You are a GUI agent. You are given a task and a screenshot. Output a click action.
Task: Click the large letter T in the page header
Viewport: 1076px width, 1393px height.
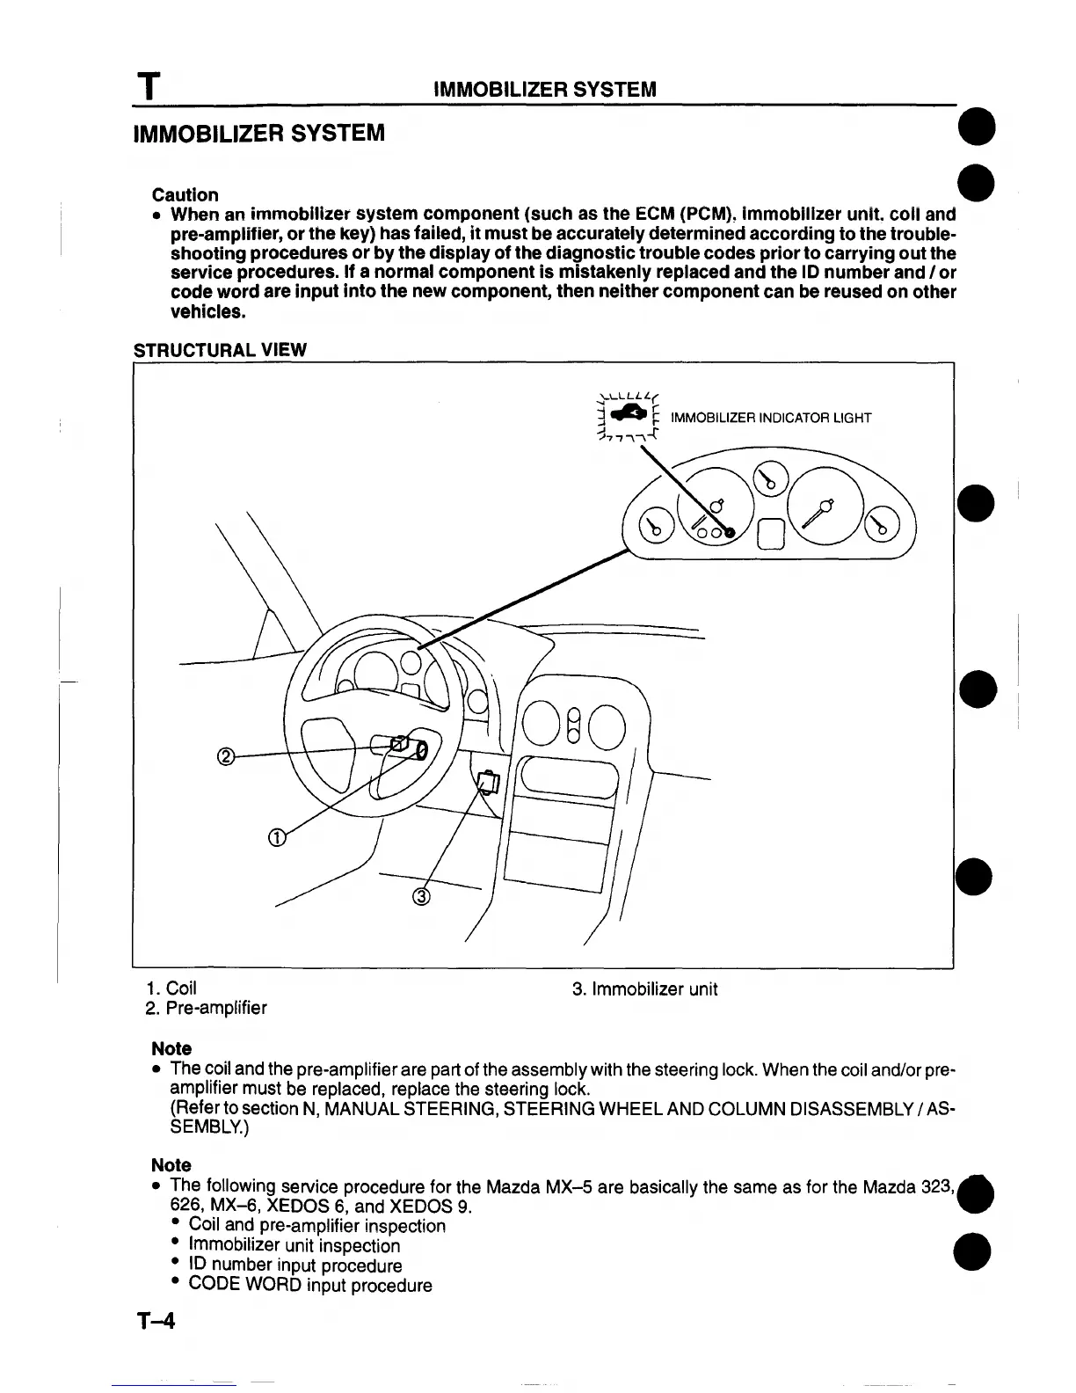[x=151, y=88]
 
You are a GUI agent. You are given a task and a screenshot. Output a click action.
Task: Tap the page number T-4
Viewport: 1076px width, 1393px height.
[x=156, y=1321]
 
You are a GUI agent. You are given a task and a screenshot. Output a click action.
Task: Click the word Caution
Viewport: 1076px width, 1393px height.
[x=185, y=194]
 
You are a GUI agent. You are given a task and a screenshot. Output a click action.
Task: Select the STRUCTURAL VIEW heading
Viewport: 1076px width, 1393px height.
[x=220, y=350]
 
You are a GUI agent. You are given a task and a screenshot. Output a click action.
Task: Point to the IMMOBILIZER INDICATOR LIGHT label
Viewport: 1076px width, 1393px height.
[x=770, y=418]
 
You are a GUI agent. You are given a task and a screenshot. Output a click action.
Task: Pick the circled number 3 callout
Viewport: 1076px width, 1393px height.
[x=421, y=897]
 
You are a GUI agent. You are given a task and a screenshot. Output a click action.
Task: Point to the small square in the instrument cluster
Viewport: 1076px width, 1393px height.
[x=770, y=533]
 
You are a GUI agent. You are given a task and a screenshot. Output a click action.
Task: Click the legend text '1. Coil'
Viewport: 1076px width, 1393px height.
[x=171, y=989]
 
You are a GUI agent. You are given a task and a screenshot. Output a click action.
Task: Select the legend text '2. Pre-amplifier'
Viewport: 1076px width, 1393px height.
[x=206, y=1008]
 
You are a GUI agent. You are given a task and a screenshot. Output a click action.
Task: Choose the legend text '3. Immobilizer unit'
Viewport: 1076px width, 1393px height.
[x=644, y=989]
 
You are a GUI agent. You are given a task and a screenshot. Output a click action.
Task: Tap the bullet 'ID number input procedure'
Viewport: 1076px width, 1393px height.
[x=295, y=1265]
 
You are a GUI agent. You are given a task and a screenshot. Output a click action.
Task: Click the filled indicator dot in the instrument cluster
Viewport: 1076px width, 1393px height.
[x=730, y=532]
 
